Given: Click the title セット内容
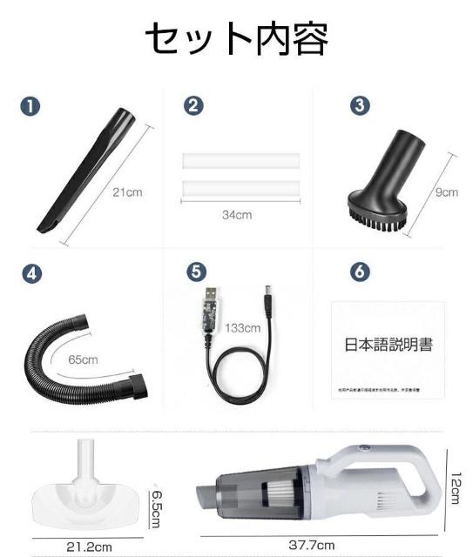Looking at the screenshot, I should [x=236, y=39].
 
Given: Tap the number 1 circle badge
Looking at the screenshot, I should [x=31, y=106].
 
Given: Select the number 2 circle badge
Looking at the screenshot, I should [x=193, y=106].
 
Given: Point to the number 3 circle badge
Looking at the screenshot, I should [x=358, y=106].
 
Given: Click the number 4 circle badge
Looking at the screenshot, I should [x=31, y=272].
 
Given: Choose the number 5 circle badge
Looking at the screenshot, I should [x=197, y=271].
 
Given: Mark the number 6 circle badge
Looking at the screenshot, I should [x=358, y=271].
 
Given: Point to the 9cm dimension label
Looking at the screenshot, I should [x=447, y=192].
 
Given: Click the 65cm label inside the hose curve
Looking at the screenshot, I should [x=84, y=359].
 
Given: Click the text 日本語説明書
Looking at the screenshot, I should [x=388, y=345].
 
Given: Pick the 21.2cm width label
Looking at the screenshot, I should [x=90, y=547].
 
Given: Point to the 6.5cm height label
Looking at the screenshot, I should [x=156, y=506].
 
